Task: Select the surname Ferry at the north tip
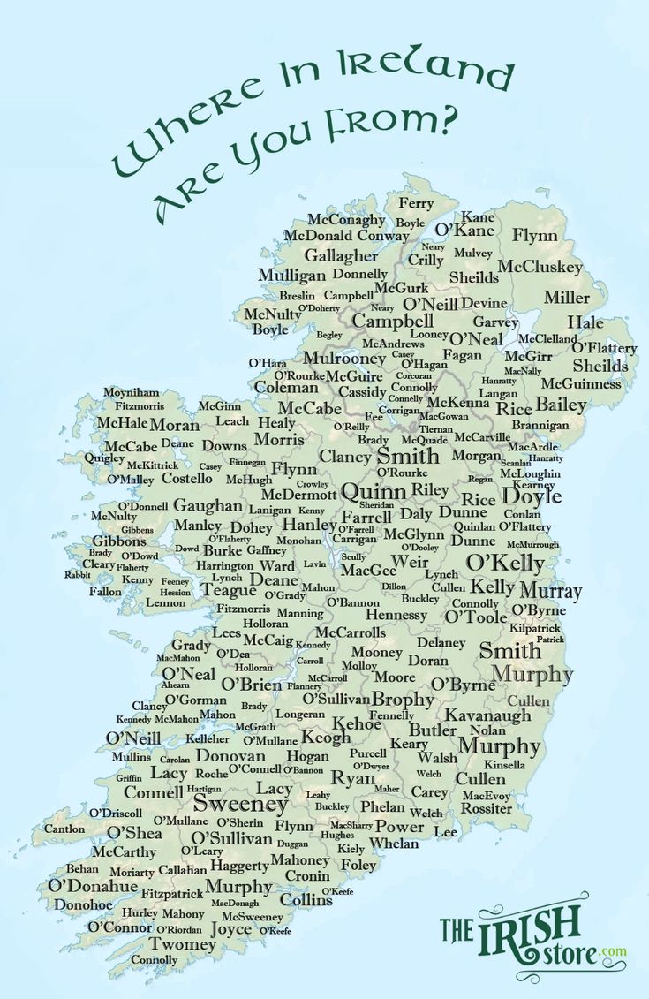pos(416,204)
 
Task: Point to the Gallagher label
pos(341,255)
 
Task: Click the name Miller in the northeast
pos(566,298)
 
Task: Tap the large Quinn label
pos(374,492)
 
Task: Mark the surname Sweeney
pos(240,804)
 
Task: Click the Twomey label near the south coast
pos(182,944)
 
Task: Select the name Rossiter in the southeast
pos(487,808)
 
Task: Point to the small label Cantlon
pos(64,829)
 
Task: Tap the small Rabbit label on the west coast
pos(77,575)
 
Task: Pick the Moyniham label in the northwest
pos(132,392)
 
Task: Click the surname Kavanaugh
pos(487,715)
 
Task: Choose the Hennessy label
pos(396,615)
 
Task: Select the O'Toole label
pos(475,617)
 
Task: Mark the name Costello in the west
pos(186,478)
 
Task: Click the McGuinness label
pos(581,384)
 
